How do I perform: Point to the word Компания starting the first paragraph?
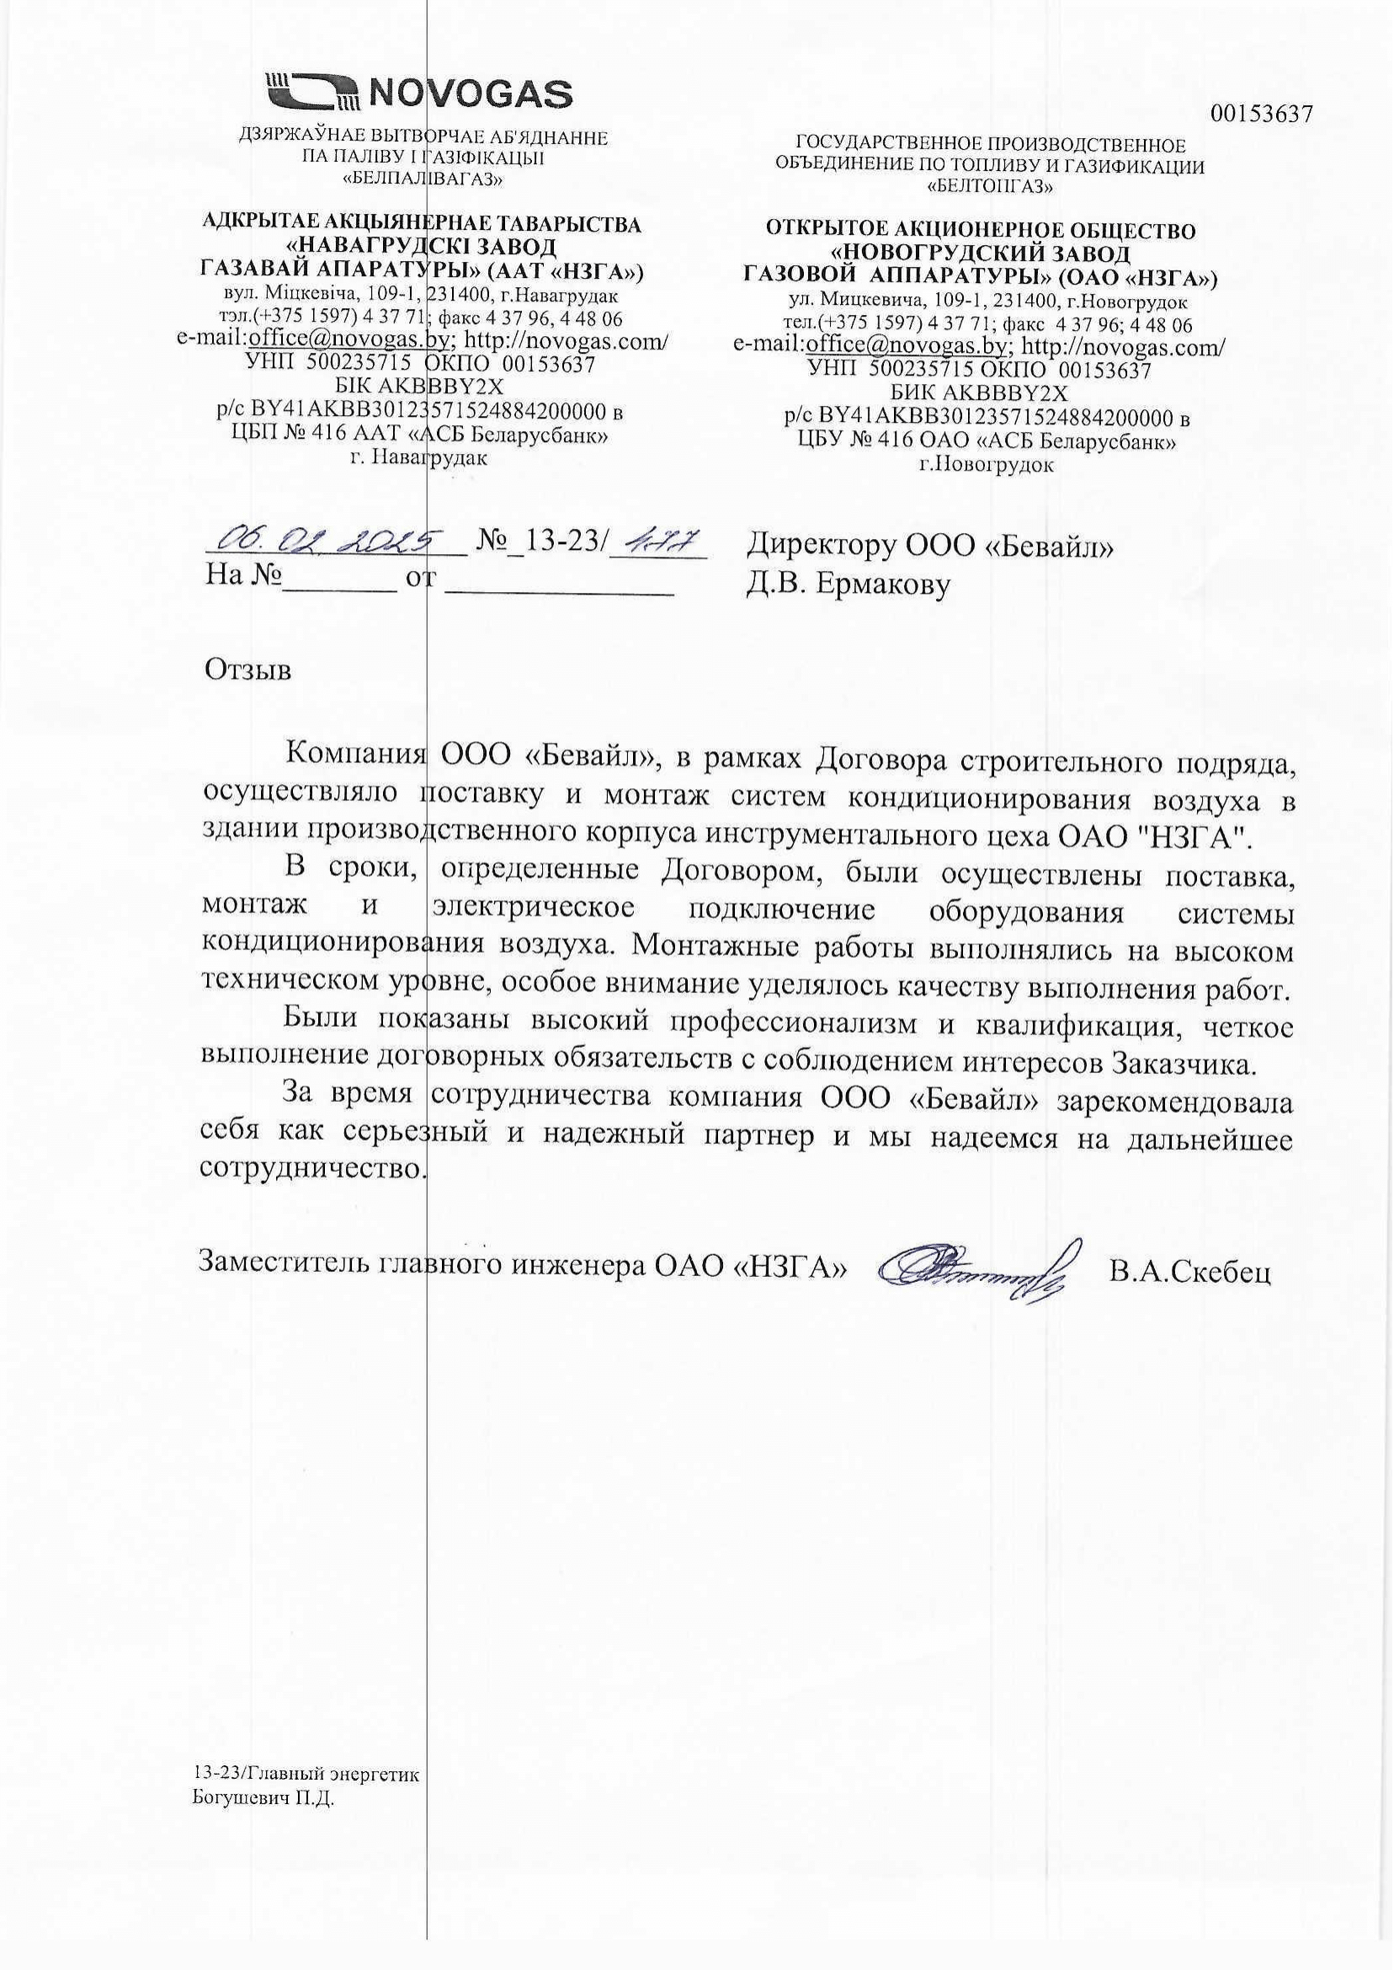[x=354, y=757]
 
